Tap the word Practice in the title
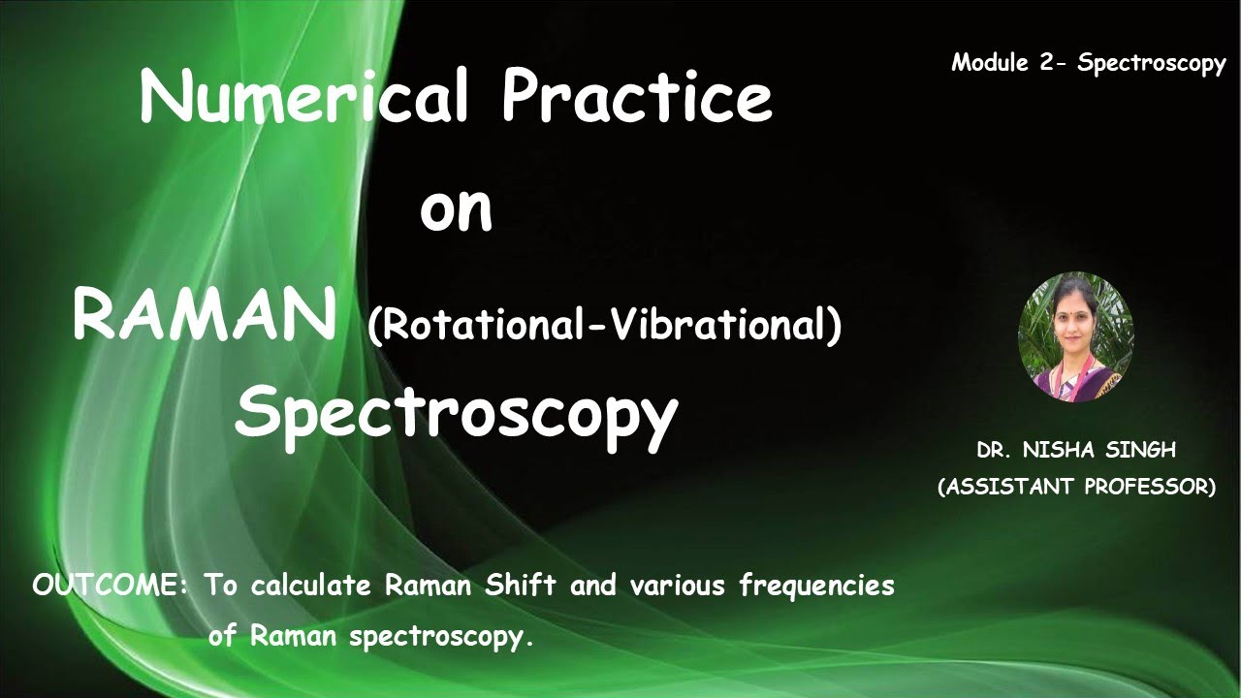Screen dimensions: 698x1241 coord(636,97)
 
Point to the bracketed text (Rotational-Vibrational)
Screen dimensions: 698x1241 coord(604,326)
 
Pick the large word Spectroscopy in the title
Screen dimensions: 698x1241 coord(456,412)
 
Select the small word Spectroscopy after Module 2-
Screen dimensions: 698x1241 coord(1152,65)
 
